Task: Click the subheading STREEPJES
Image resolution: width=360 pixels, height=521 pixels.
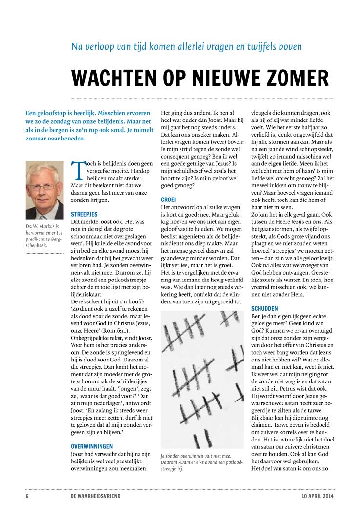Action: coord(84,214)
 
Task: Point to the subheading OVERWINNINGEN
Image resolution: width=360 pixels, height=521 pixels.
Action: coord(92,446)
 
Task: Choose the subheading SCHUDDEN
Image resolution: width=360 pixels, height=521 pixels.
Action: coord(264,309)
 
